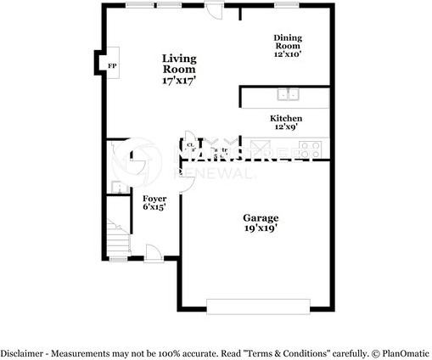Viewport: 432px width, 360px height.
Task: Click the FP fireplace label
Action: click(x=111, y=65)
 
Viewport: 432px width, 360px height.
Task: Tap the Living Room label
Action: click(x=180, y=64)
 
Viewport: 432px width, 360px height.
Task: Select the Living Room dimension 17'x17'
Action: click(x=180, y=81)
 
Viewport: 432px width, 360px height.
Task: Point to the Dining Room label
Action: click(x=288, y=41)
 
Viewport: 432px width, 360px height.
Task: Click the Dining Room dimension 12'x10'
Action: click(x=288, y=53)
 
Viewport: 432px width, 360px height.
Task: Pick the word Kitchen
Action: click(x=285, y=118)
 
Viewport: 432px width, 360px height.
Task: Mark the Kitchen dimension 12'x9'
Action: click(x=285, y=127)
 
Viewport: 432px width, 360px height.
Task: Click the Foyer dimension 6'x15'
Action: click(x=154, y=206)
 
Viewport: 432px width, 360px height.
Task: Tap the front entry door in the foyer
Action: click(x=154, y=251)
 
